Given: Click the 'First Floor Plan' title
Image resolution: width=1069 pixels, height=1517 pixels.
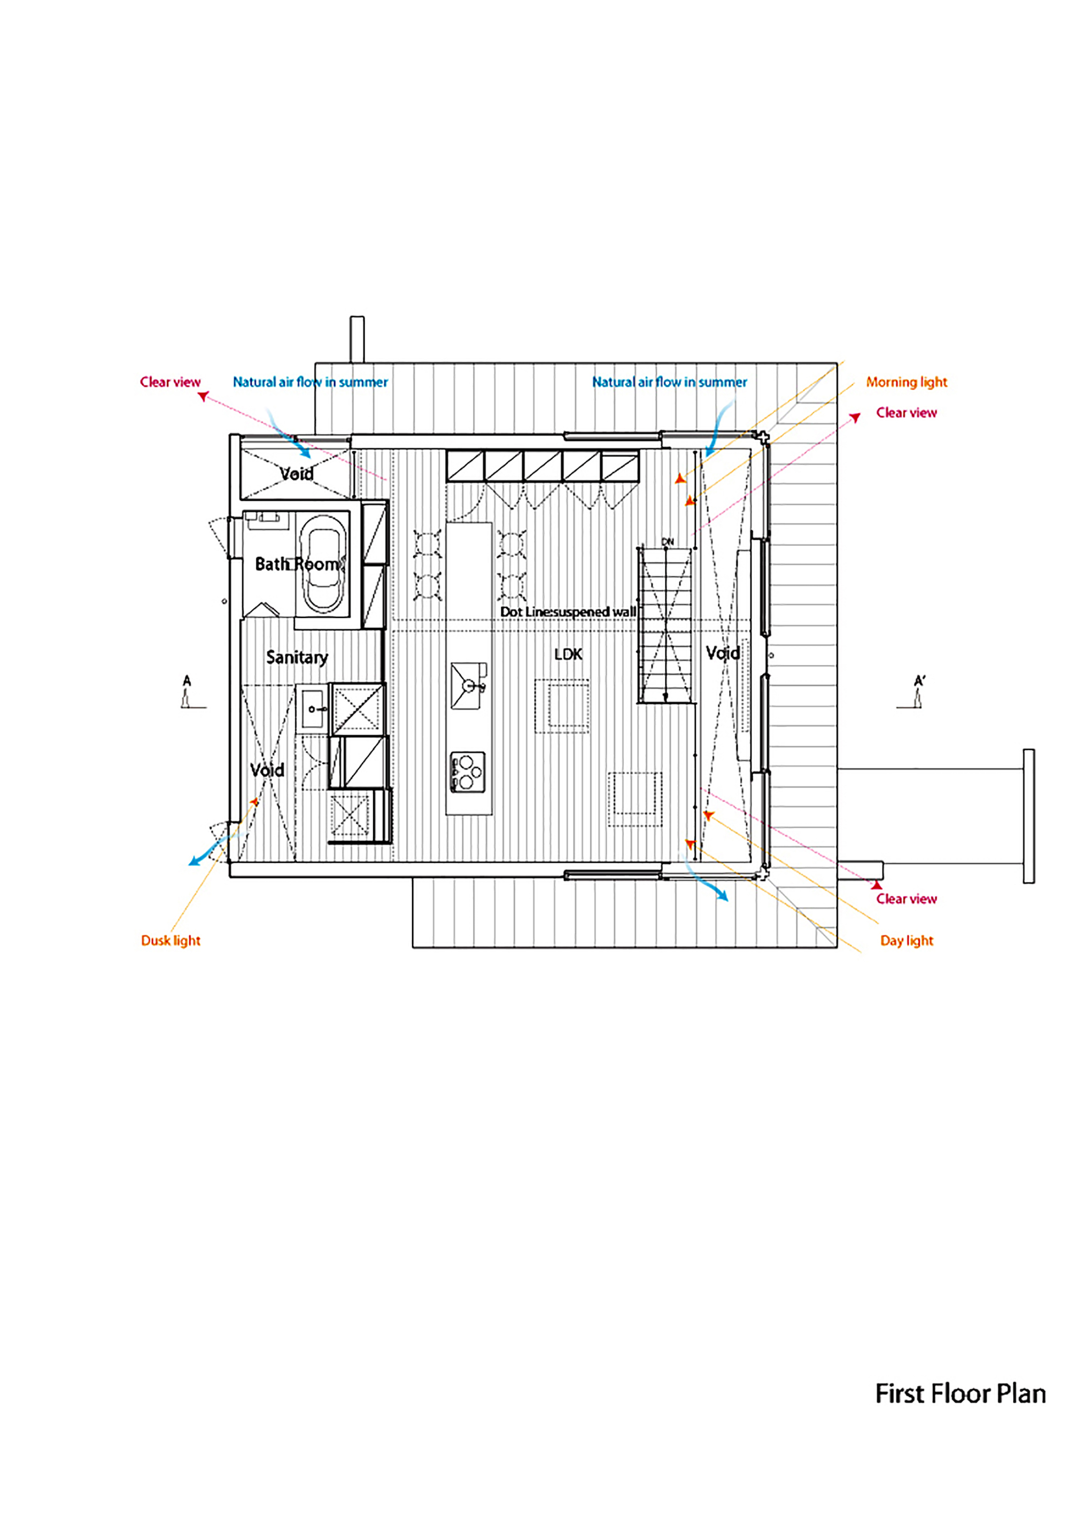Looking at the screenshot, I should [960, 1394].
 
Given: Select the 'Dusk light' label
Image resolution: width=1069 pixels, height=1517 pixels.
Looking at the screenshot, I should [171, 940].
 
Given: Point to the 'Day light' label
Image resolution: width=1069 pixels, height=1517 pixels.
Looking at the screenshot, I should [907, 940].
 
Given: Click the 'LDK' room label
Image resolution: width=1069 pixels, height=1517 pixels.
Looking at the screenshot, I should [568, 654].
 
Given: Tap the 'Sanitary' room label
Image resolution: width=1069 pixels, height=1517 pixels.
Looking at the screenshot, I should [297, 657].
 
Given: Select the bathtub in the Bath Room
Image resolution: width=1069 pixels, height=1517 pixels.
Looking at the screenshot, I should [323, 563].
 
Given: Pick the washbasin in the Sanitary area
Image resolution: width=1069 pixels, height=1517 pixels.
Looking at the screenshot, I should [313, 709].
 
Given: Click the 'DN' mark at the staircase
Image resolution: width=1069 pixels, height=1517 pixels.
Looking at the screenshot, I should [667, 542].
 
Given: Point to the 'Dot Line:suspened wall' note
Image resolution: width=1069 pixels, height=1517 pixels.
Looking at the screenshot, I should [568, 612].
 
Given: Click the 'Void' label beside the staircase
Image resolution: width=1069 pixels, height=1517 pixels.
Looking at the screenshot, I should [723, 653].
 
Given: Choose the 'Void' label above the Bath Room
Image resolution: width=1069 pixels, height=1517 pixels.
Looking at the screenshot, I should [296, 474].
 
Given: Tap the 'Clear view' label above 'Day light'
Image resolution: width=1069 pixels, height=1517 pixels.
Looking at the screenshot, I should [907, 899].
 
